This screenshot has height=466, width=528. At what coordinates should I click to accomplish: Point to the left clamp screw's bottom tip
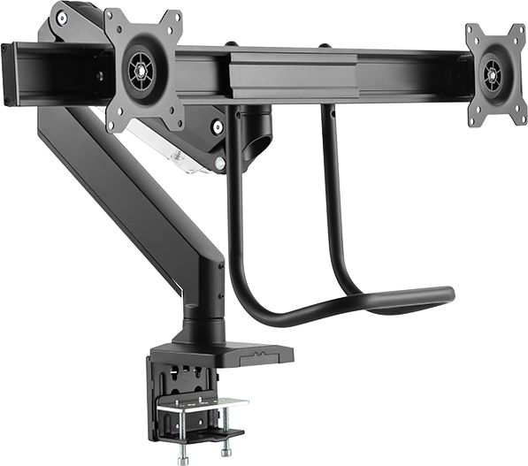(x=183, y=460)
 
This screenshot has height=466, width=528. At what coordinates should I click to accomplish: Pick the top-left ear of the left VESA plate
(x=112, y=15)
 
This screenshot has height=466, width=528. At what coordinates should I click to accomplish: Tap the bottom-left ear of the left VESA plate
(x=112, y=124)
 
